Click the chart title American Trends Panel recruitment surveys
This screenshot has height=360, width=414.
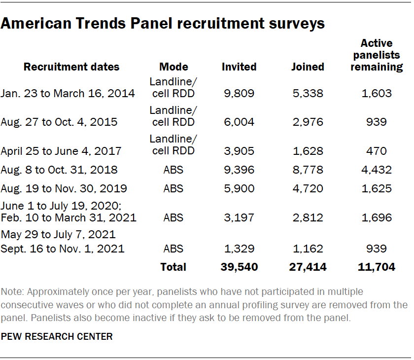(x=163, y=23)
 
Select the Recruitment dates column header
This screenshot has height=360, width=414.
(x=71, y=67)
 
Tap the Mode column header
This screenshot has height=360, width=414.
(x=173, y=67)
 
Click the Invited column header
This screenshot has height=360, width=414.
(x=239, y=67)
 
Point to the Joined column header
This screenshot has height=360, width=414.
(x=308, y=67)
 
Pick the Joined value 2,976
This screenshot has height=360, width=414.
(x=308, y=122)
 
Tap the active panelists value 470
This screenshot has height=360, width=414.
(x=377, y=151)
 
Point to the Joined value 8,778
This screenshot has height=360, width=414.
(x=308, y=170)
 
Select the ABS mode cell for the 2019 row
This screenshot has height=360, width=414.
(x=173, y=188)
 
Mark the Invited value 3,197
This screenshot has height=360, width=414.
(x=239, y=217)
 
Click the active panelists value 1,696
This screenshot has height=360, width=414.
(x=377, y=217)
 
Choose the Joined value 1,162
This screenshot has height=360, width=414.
(x=308, y=249)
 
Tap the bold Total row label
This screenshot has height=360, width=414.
(x=173, y=267)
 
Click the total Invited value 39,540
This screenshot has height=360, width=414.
(x=239, y=267)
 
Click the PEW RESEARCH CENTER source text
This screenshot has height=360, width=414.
(x=57, y=337)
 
